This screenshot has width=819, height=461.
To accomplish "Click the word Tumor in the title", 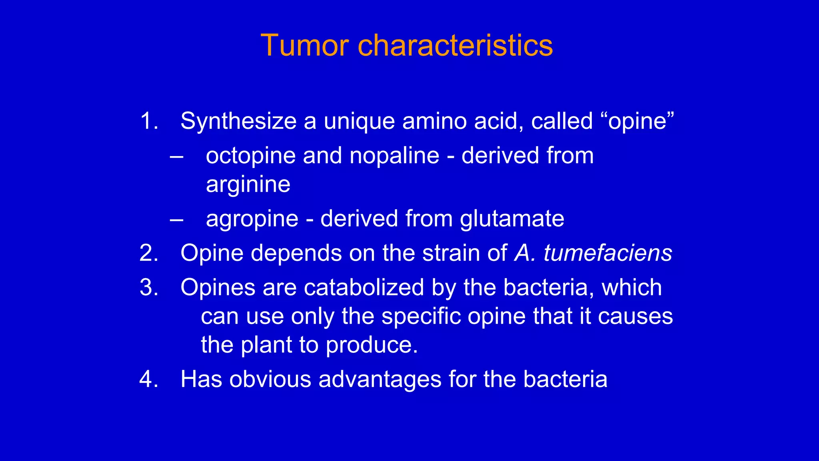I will [x=304, y=45].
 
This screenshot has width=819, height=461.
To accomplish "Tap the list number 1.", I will [x=149, y=121].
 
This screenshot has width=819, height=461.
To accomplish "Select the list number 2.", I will [x=149, y=253].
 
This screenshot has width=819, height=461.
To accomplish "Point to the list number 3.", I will [x=149, y=287].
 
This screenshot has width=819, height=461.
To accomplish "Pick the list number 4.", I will [x=149, y=379].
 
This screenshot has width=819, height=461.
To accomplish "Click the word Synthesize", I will [x=238, y=121].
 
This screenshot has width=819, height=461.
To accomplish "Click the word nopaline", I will [x=394, y=156].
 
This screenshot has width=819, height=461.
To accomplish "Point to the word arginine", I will [x=248, y=185].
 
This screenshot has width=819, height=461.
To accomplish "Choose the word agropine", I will [x=252, y=219].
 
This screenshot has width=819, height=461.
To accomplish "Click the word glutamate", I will [x=512, y=219].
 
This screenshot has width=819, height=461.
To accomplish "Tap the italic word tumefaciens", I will [x=608, y=253].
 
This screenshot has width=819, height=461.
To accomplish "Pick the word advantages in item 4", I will [x=380, y=379].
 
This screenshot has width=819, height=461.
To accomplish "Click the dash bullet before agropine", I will [x=176, y=219].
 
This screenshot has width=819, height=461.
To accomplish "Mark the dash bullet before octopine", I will [x=176, y=156].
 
